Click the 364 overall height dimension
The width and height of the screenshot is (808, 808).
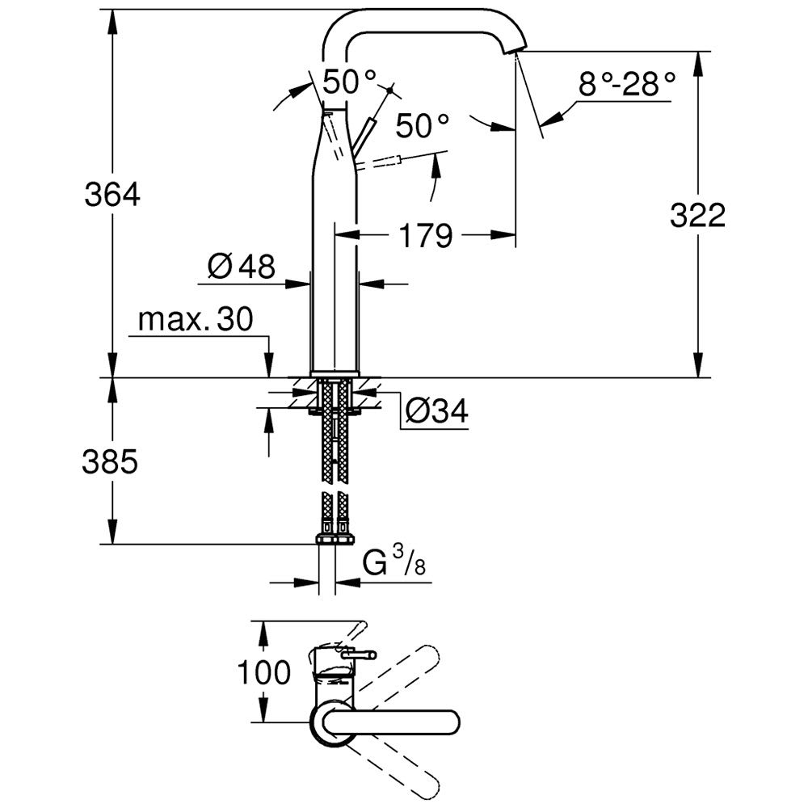click(112, 195)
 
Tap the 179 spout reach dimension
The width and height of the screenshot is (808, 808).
click(423, 236)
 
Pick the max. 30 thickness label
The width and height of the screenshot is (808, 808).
click(195, 320)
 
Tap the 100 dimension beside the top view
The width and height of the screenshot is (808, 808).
click(263, 671)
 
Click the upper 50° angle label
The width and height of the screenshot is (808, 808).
click(349, 80)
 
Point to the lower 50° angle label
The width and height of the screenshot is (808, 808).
click(422, 125)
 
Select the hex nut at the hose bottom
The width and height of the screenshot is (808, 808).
click(335, 539)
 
